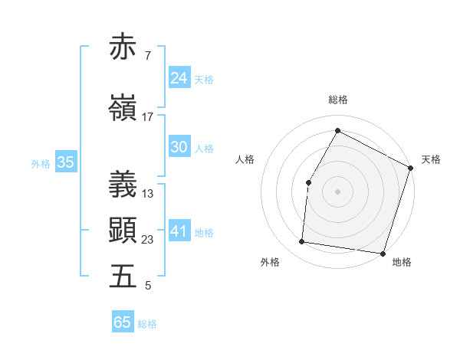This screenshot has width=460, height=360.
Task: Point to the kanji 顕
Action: pos(123,229)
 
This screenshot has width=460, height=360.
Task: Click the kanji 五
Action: pos(123,276)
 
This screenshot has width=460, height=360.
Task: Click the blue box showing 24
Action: pos(179,77)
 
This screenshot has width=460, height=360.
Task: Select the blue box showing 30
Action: pos(179,147)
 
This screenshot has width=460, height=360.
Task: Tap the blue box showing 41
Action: pos(179,231)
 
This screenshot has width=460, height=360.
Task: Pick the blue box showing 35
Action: pos(65,162)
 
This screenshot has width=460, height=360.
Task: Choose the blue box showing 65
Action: pos(123,322)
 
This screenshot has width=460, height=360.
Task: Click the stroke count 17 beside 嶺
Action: pos(147,117)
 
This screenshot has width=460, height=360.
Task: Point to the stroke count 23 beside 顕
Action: pos(147,240)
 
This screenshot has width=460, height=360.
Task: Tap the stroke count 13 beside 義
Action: pos(147,194)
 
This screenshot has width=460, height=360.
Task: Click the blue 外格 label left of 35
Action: pos(41,163)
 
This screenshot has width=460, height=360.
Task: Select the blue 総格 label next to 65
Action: pos(147,324)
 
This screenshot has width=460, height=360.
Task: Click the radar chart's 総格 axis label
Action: pos(337,100)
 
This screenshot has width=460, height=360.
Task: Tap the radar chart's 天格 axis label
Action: pos(431,159)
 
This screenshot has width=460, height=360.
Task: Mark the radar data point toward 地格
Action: pos(383,254)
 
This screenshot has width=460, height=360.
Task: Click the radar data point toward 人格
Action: pos(308,182)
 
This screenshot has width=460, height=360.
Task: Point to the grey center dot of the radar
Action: pos(337,191)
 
